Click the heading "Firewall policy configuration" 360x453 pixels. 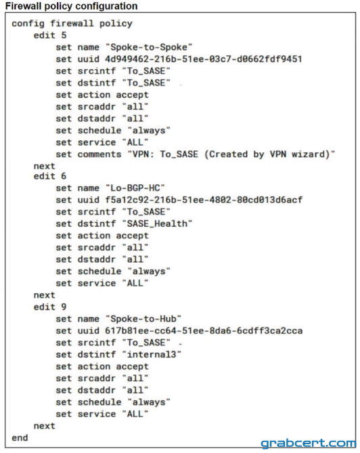[71, 6]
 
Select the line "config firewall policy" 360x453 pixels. [72, 24]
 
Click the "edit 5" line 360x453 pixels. [50, 35]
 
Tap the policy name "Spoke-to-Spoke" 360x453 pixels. [149, 47]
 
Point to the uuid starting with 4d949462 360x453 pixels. [204, 59]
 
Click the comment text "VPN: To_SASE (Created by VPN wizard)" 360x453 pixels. [231, 154]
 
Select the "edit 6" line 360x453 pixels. [50, 176]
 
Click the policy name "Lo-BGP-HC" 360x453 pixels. [135, 188]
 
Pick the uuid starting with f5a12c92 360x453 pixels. [204, 200]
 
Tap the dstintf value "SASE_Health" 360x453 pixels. [157, 223]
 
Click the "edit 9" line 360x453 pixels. [50, 307]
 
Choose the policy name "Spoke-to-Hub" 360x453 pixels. [143, 319]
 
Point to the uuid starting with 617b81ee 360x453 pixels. [204, 331]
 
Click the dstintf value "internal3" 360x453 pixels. [152, 355]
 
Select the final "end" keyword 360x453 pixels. [20, 438]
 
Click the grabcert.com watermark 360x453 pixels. [308, 444]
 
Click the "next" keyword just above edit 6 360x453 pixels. [44, 166]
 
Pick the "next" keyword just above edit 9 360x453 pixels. [44, 295]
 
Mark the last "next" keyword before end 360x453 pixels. [44, 426]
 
